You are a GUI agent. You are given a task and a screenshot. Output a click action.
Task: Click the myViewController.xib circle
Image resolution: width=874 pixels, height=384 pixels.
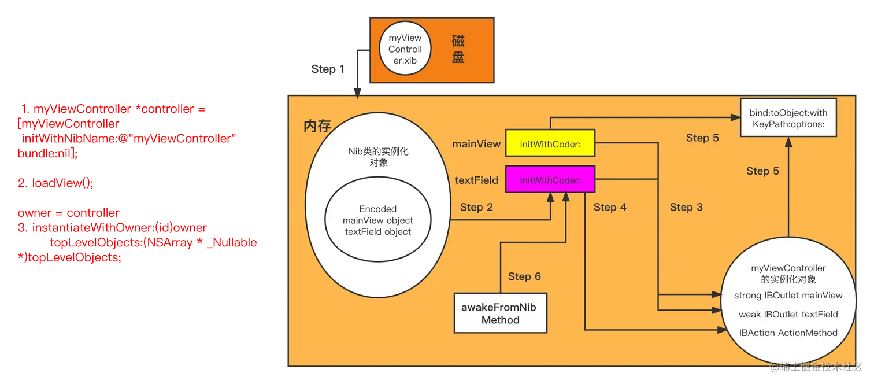(405, 49)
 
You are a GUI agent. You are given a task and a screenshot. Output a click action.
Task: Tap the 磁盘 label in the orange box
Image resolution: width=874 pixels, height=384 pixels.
(458, 49)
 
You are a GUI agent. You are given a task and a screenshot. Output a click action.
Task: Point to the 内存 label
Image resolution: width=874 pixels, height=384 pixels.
(317, 127)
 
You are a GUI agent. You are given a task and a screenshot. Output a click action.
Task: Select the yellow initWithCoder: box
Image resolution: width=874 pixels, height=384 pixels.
(550, 143)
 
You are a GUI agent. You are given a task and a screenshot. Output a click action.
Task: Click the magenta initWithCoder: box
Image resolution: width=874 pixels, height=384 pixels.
(550, 180)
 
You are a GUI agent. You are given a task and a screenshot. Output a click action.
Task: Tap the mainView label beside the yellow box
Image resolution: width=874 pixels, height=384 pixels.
(476, 144)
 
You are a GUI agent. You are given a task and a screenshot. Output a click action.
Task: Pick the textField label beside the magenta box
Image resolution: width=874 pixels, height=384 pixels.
(476, 180)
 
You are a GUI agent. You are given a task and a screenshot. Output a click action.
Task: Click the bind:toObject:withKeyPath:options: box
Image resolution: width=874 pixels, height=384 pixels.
(788, 118)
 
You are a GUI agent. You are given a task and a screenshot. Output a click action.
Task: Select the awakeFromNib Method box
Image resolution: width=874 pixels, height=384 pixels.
(500, 313)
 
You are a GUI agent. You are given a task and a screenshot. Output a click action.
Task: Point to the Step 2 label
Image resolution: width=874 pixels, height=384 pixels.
(476, 207)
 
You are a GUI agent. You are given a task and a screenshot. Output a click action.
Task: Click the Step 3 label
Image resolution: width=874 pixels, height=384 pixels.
(686, 207)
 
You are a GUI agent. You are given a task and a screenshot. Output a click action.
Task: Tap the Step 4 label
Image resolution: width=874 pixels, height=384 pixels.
(610, 207)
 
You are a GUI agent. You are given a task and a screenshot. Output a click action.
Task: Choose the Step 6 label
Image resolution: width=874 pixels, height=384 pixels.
(524, 276)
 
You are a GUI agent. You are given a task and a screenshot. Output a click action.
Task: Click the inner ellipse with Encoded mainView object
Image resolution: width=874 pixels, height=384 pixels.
(377, 220)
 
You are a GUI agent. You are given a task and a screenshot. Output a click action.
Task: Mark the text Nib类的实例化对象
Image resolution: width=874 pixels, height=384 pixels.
(379, 157)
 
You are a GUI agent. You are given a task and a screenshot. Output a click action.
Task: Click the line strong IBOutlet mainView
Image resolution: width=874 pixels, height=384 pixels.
(788, 296)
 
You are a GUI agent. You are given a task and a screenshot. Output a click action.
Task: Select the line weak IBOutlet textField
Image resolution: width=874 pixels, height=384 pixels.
(788, 315)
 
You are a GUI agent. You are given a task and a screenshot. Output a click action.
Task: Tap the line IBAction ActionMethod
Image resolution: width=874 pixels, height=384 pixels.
(788, 333)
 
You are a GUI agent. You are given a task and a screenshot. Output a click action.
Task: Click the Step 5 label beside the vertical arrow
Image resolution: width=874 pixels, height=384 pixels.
(762, 171)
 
